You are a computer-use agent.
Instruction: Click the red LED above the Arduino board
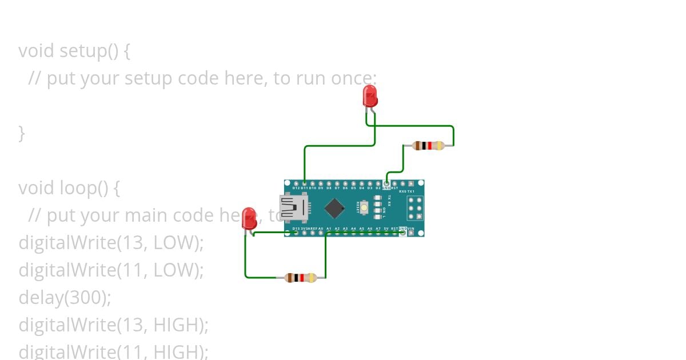370,96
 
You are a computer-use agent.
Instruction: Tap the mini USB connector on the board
293,207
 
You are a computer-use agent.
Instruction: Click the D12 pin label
296,187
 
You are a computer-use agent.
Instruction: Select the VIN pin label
410,229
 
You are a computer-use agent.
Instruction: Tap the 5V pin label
386,229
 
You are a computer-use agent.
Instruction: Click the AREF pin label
313,229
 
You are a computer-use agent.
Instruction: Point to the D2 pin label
378,187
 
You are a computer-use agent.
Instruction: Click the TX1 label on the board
410,191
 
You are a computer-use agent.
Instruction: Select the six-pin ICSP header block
415,208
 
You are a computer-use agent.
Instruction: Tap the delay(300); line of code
65,297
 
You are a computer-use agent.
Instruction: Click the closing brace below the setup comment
22,133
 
